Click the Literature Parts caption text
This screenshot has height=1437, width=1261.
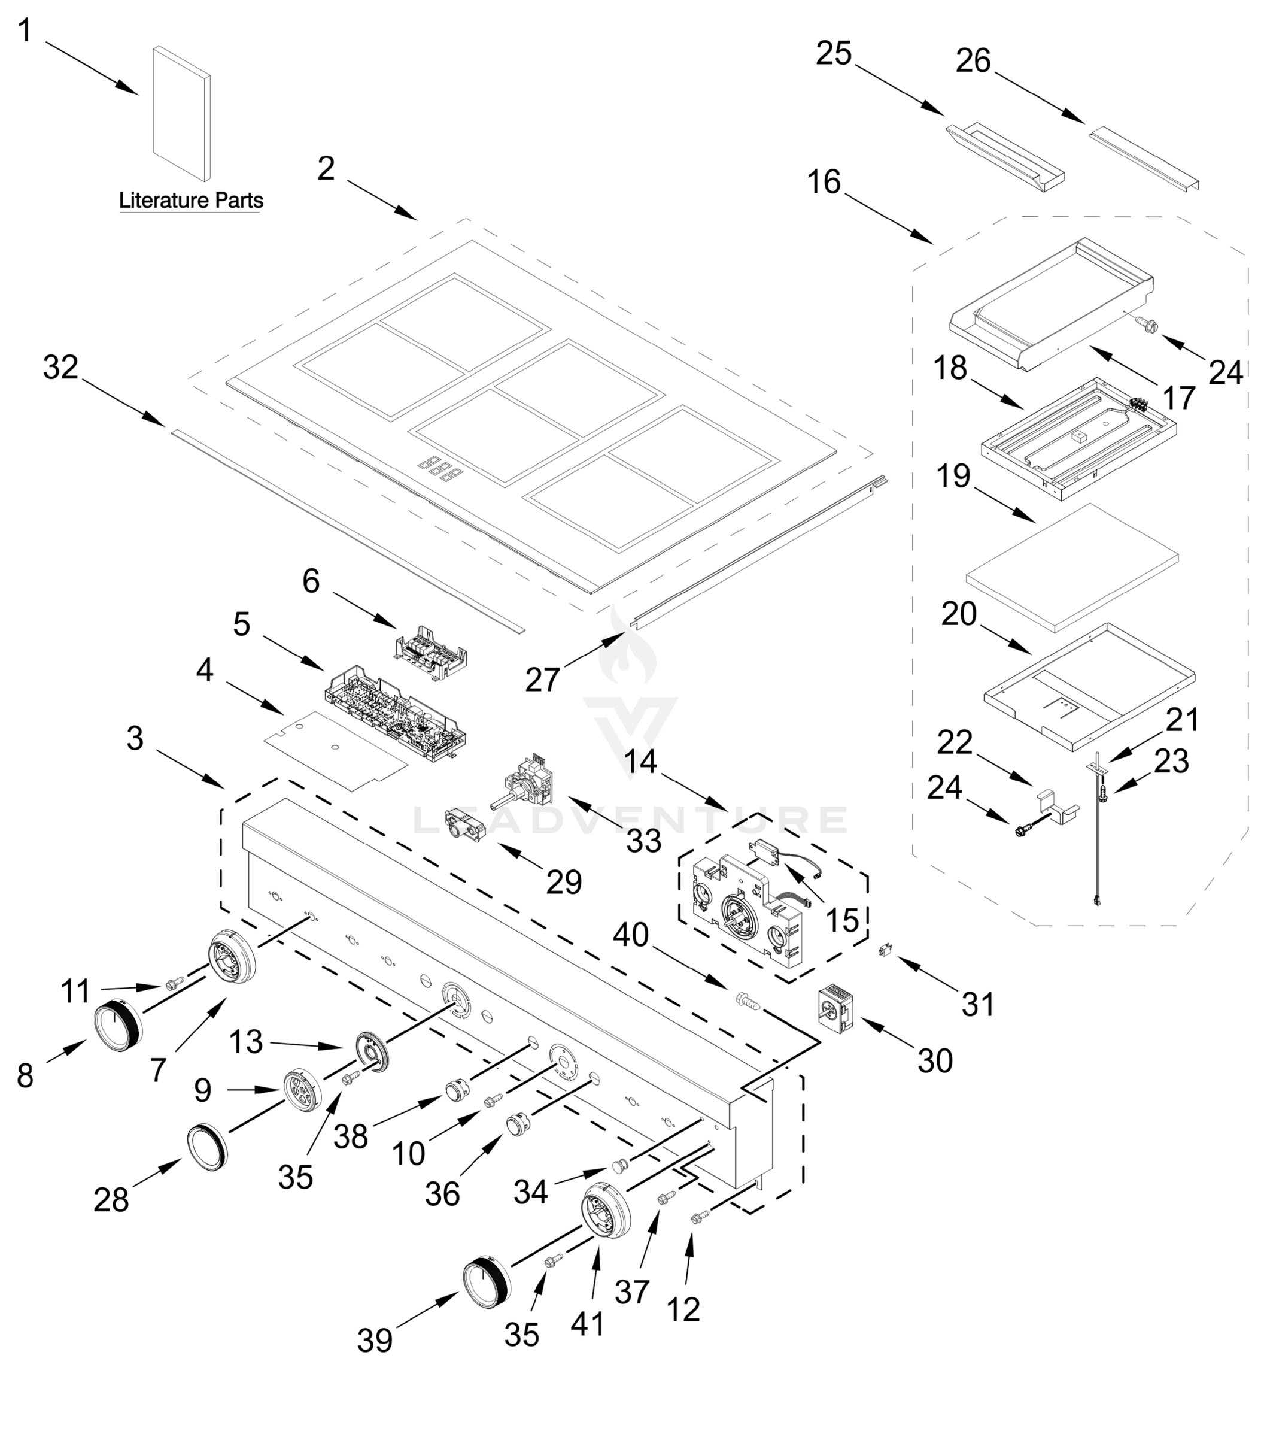[190, 201]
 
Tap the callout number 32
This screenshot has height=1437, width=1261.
[60, 367]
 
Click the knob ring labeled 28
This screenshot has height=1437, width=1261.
[207, 1147]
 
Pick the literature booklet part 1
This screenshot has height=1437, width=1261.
[181, 113]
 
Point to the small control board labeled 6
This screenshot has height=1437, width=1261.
[432, 653]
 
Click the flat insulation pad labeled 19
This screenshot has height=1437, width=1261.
[1072, 568]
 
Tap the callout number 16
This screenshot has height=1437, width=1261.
[824, 182]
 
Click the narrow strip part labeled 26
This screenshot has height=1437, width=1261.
[1144, 157]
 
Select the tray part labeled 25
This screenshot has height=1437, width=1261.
[1005, 158]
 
